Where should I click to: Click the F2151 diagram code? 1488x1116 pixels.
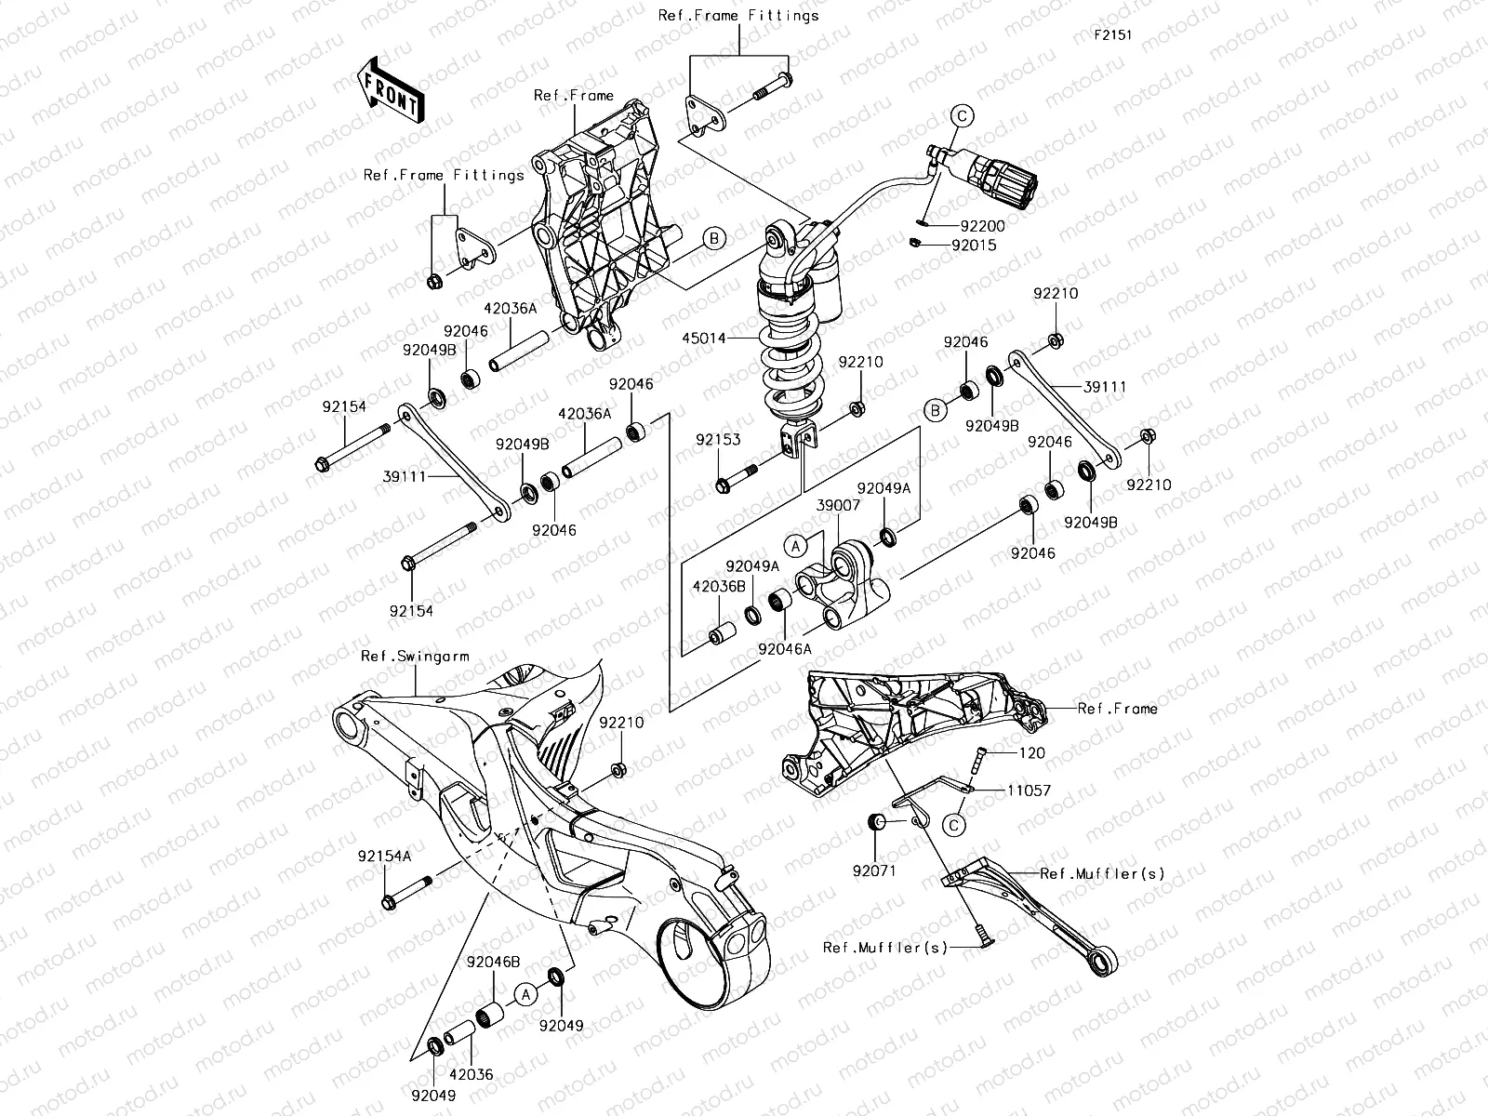(1112, 35)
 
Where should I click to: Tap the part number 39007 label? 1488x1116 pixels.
(838, 505)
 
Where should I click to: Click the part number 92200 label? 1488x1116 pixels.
(983, 226)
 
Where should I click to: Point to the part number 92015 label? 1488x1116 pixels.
(973, 246)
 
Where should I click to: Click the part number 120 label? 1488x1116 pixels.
(1032, 753)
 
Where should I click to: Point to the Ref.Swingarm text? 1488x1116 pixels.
(415, 657)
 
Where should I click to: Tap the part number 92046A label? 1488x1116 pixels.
(784, 649)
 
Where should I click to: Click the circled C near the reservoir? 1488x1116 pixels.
(963, 115)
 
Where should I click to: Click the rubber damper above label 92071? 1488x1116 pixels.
(875, 822)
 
